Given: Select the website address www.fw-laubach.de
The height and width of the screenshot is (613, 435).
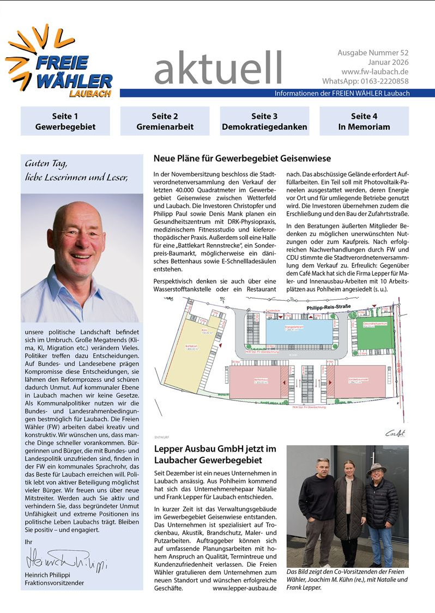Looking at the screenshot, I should (x=375, y=72).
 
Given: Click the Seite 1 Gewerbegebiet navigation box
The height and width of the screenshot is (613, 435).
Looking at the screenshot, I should (x=65, y=121).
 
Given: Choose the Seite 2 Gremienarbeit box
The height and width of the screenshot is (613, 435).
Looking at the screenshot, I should (x=165, y=121).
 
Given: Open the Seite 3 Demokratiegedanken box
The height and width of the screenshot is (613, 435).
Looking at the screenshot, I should (x=264, y=121).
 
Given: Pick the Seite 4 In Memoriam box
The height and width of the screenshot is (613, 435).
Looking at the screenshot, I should (x=364, y=121).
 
